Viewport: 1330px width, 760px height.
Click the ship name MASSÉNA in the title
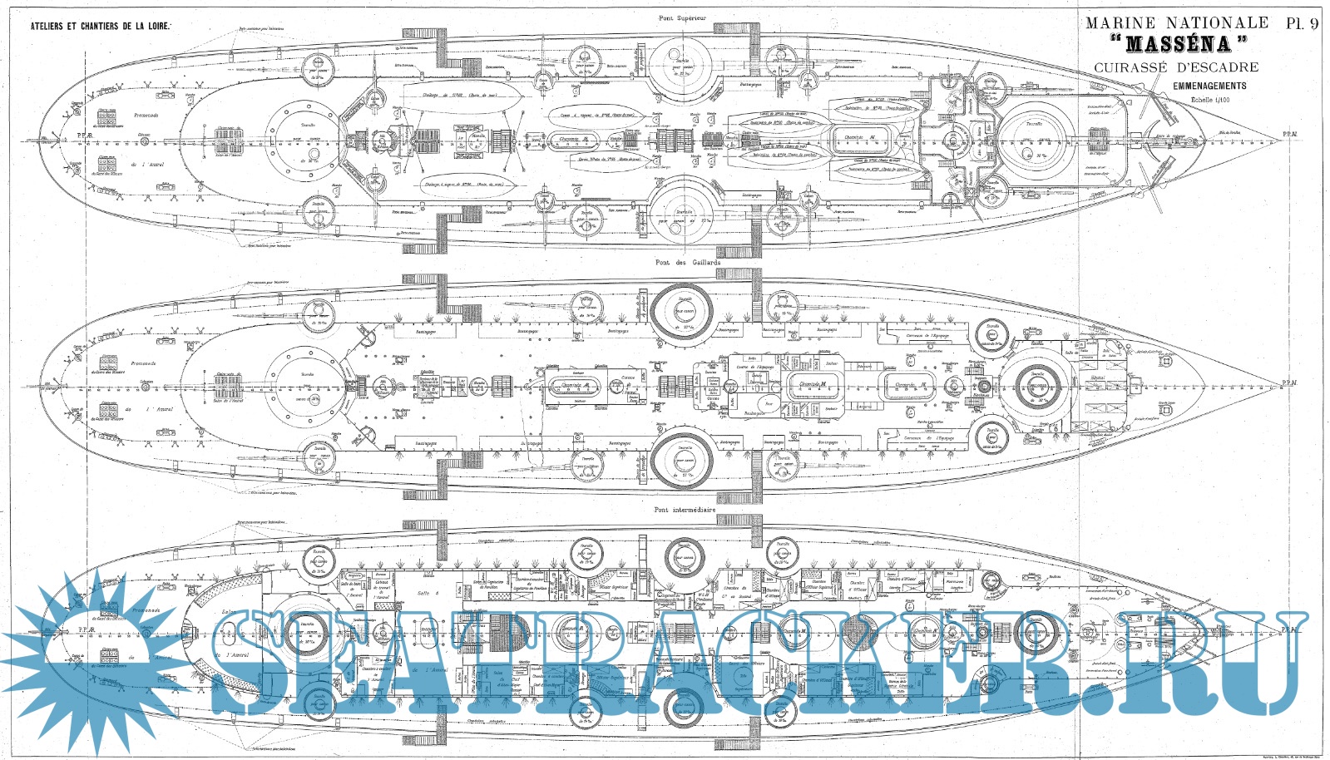tap(1178, 44)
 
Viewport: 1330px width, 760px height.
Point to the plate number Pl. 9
tap(1302, 23)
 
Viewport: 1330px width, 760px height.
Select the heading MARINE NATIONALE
tap(1177, 23)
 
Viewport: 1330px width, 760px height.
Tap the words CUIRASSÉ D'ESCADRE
tap(1176, 67)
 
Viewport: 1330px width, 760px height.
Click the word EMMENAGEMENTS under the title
tap(1209, 86)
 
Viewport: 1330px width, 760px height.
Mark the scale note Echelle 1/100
tap(1210, 100)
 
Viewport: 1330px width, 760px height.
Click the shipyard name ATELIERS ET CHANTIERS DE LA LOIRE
tap(101, 27)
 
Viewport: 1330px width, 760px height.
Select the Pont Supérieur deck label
tap(682, 18)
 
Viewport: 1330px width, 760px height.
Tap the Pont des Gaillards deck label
tap(687, 263)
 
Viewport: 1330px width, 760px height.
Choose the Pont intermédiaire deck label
tap(685, 510)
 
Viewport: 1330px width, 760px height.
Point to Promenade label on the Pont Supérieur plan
tap(146, 116)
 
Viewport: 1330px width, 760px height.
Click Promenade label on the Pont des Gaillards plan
tap(145, 363)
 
